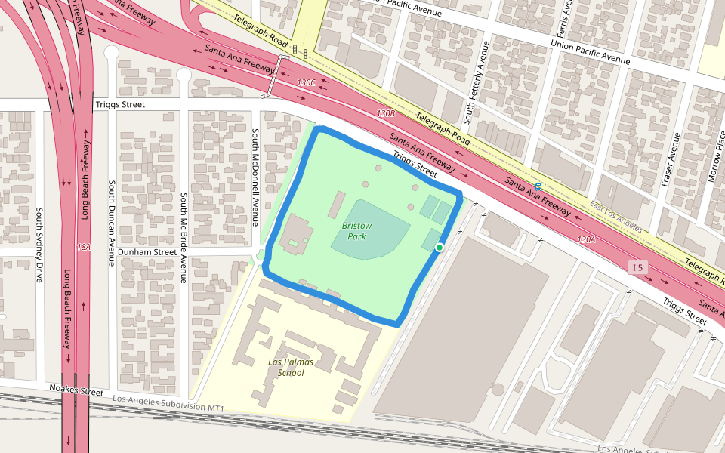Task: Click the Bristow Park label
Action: click(356, 231)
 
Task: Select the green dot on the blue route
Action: click(439, 247)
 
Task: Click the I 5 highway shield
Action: click(638, 267)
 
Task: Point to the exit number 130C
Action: click(307, 82)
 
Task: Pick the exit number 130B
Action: click(386, 112)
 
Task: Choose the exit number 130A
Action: click(587, 239)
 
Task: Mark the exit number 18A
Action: click(83, 247)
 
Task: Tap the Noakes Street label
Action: click(76, 392)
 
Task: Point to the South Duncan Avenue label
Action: click(111, 223)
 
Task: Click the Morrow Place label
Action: click(711, 155)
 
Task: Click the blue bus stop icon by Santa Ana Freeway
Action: click(538, 186)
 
